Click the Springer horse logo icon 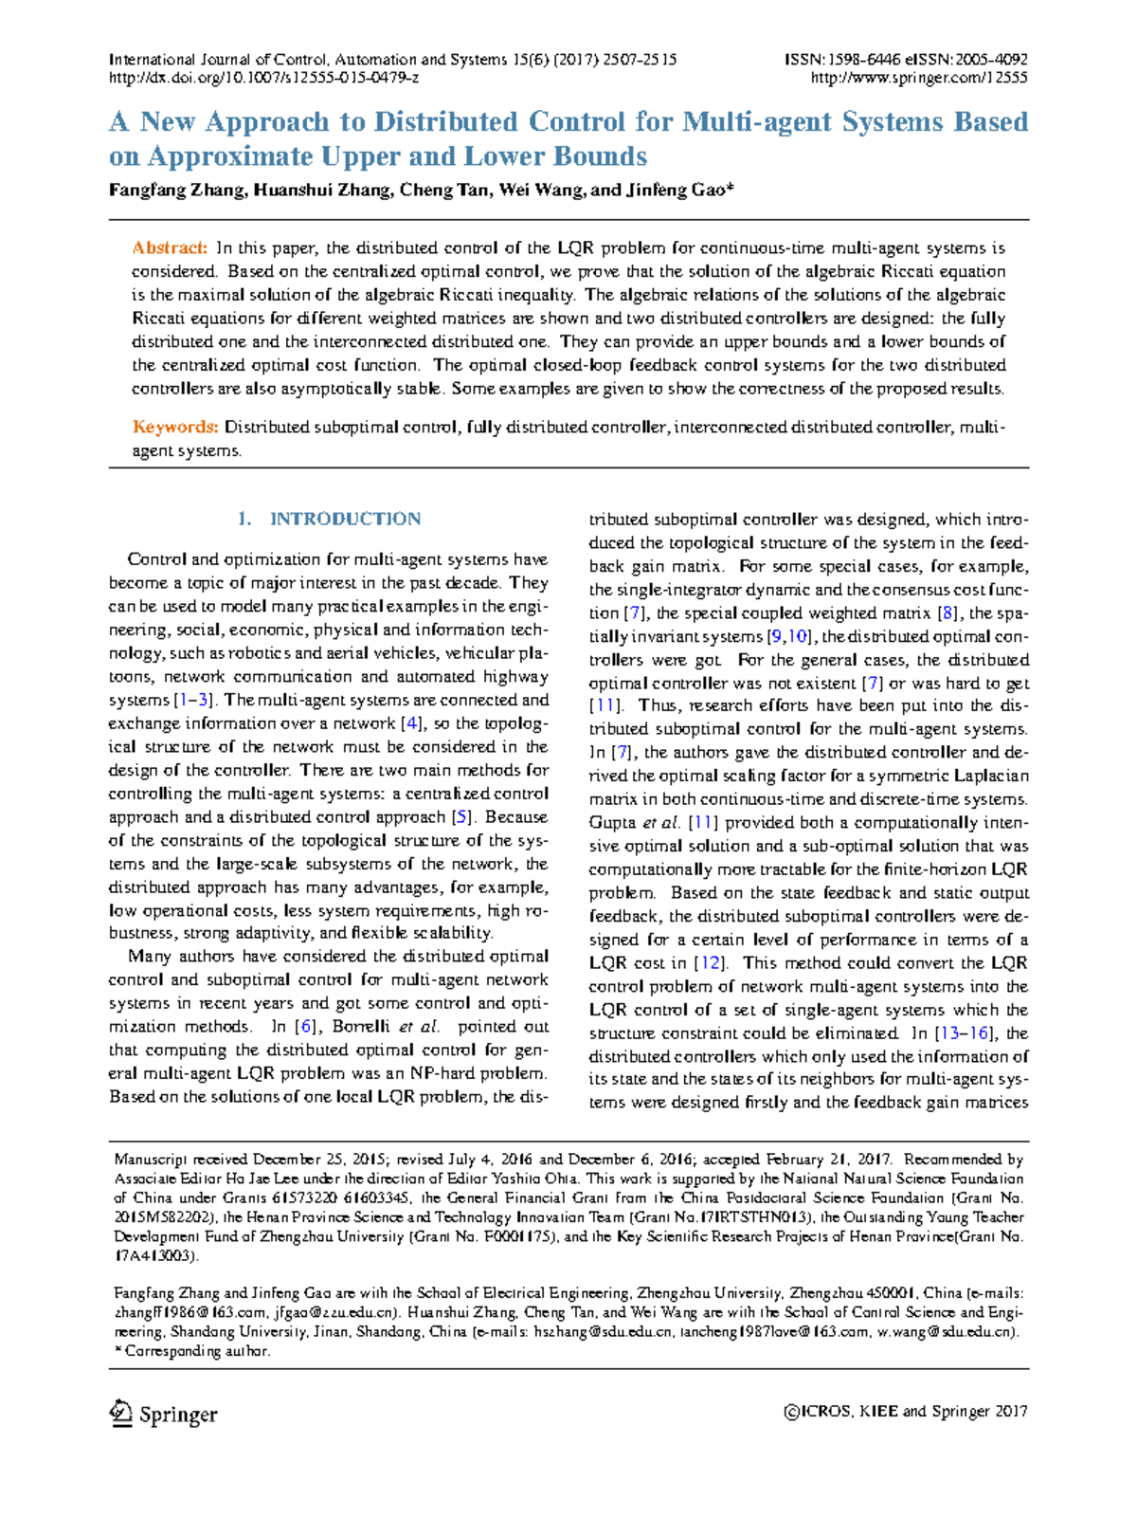120,1413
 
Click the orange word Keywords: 175,428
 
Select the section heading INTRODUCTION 345,519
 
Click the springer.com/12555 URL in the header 919,78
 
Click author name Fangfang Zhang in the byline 176,190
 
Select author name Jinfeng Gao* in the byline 678,190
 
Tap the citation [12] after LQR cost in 709,963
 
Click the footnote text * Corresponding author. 192,1351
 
